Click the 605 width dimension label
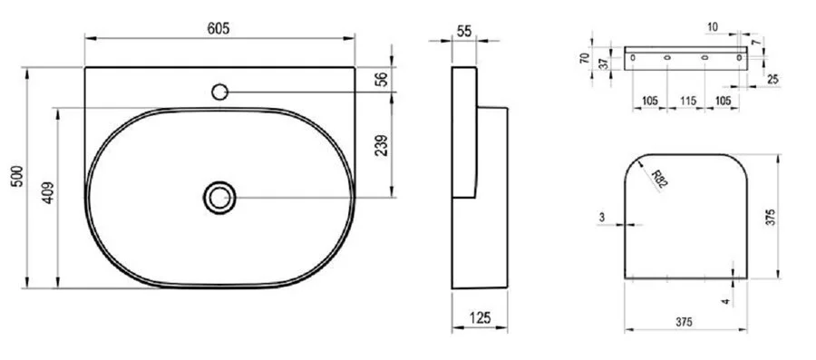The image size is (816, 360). (x=219, y=28)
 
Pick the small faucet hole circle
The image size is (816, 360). (x=219, y=91)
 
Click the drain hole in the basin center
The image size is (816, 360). (x=219, y=197)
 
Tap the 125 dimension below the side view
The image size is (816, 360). (x=481, y=317)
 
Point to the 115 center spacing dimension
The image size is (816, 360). (x=687, y=101)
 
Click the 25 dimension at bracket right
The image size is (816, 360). (x=772, y=82)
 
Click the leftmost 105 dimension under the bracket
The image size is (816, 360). (x=645, y=101)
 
